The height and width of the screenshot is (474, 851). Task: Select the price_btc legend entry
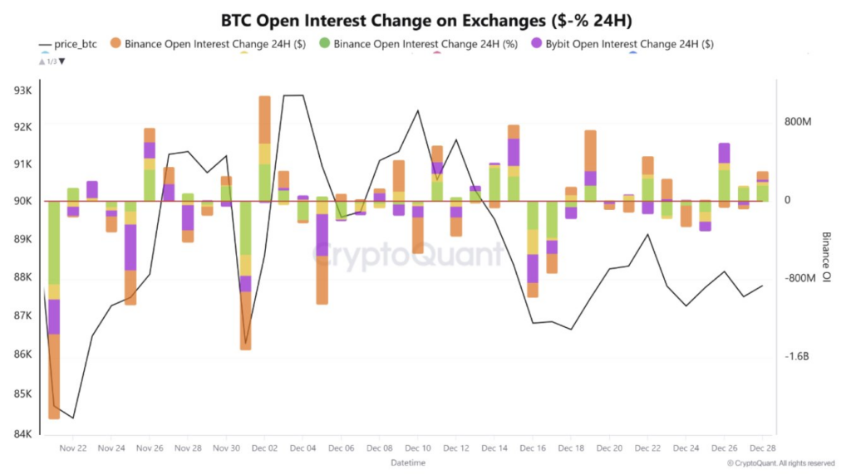76,44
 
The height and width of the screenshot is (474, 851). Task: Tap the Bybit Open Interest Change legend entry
629,44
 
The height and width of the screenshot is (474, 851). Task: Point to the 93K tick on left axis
22,90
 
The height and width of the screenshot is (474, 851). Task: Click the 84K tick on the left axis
22,433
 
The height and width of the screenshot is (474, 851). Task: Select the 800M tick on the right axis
798,122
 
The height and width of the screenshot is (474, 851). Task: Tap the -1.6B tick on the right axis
797,357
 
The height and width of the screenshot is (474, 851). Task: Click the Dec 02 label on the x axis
264,447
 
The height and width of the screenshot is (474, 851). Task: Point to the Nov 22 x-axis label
73,447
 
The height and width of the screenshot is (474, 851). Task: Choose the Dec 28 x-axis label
763,447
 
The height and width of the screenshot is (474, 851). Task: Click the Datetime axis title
407,462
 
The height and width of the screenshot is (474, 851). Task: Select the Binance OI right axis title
827,258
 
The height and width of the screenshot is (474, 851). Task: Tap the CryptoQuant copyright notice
780,463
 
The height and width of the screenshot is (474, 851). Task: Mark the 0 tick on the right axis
788,200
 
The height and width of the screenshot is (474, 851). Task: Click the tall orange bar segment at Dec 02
264,120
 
